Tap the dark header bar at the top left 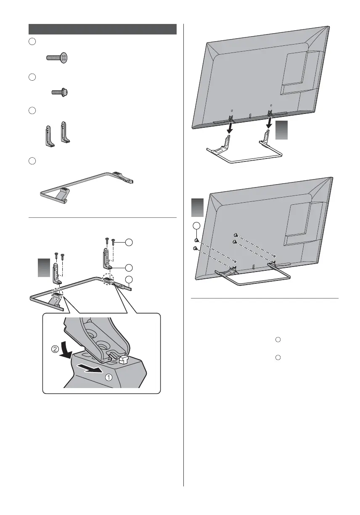102,29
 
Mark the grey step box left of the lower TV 198,208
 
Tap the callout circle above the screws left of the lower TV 196,226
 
